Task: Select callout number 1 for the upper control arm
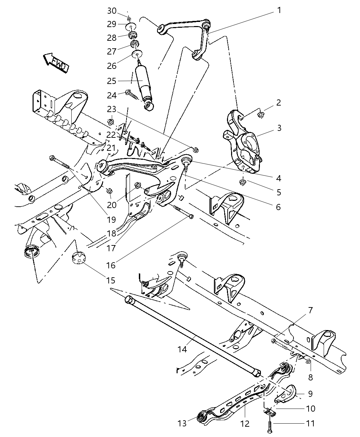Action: point(279,10)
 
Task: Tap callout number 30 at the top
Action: point(112,11)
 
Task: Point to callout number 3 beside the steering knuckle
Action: point(279,128)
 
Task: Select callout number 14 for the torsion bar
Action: point(182,349)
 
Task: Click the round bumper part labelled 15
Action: point(79,258)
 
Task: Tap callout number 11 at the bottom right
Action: point(310,424)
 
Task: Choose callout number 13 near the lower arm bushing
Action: point(182,424)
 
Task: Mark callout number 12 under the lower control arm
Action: point(245,424)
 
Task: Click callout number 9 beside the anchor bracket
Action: point(310,394)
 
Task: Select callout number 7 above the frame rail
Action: point(310,311)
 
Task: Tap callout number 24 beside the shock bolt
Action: point(112,95)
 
